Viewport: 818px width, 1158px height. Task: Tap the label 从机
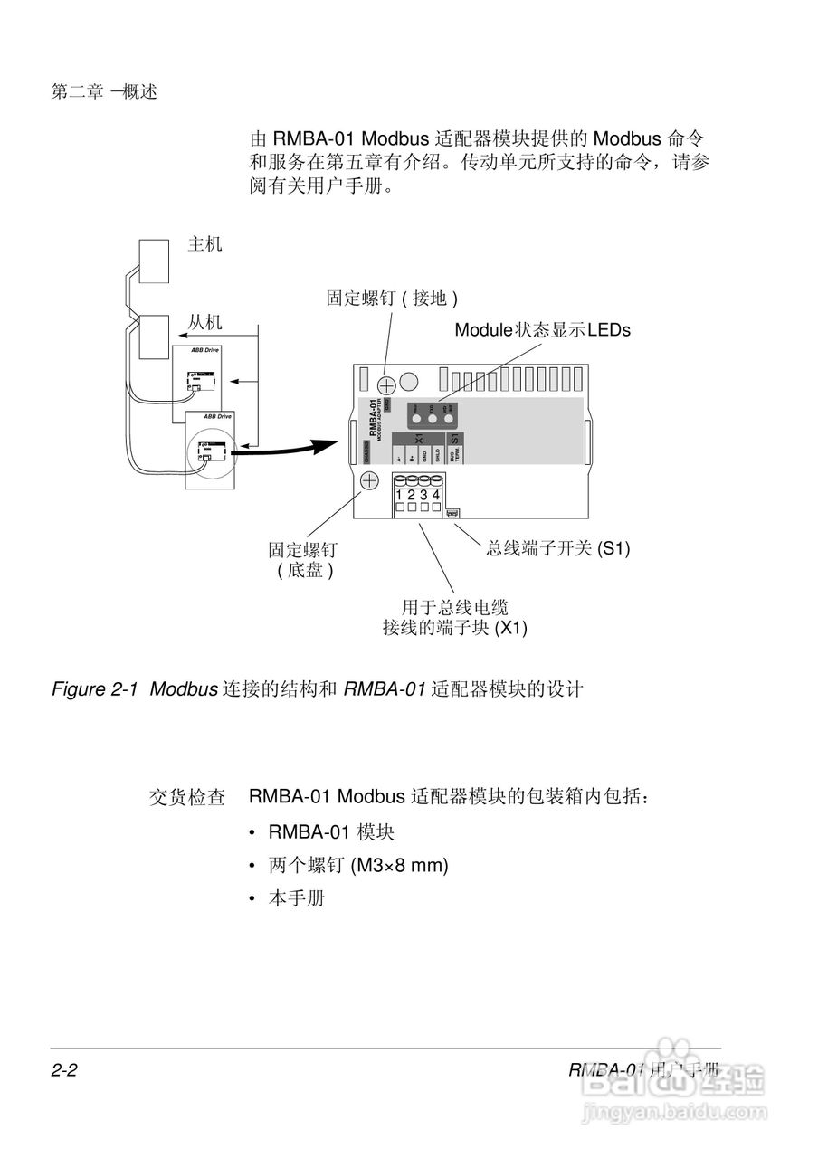tap(204, 322)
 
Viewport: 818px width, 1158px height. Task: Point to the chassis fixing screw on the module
tap(369, 481)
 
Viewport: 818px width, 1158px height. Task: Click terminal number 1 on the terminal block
tap(399, 495)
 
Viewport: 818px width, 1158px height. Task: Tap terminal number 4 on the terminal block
tap(436, 495)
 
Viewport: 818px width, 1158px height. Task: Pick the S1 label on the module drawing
tap(455, 439)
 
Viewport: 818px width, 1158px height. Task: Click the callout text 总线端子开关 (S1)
tap(557, 548)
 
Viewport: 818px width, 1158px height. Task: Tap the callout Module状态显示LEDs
tap(542, 330)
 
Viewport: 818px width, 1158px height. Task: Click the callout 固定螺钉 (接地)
tap(392, 299)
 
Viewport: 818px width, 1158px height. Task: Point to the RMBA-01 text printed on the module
tap(372, 415)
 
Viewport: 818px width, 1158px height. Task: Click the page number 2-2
tap(64, 1071)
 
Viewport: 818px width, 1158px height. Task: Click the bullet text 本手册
tap(296, 899)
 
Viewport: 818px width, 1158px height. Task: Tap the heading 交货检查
tap(186, 798)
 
